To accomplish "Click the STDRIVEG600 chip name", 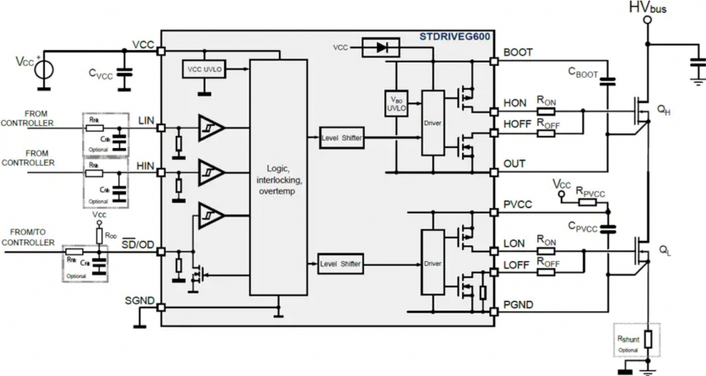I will tap(454, 36).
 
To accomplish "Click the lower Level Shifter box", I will tap(341, 264).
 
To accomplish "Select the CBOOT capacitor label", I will tap(583, 72).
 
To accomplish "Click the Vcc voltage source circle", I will tap(43, 70).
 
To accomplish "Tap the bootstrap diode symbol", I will tap(381, 48).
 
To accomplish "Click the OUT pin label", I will tap(514, 164).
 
